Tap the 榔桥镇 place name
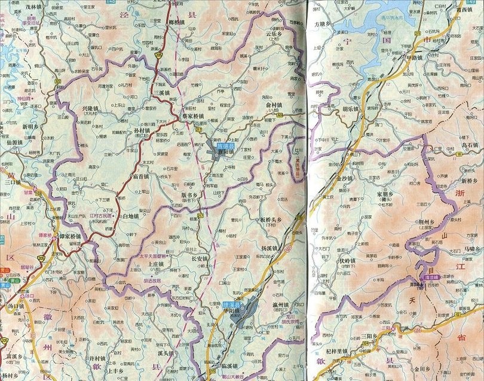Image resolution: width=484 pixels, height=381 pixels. click(173, 22)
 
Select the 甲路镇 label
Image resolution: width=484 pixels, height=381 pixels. click(413, 58)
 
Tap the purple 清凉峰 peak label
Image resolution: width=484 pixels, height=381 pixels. click(431, 277)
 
